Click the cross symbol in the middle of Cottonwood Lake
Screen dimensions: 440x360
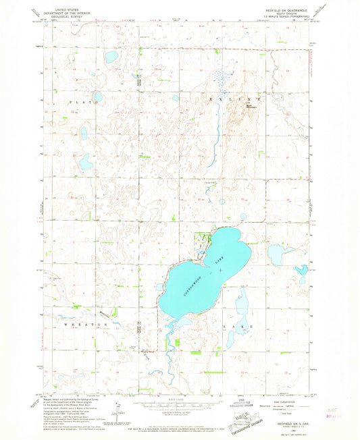tap(220, 270)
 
